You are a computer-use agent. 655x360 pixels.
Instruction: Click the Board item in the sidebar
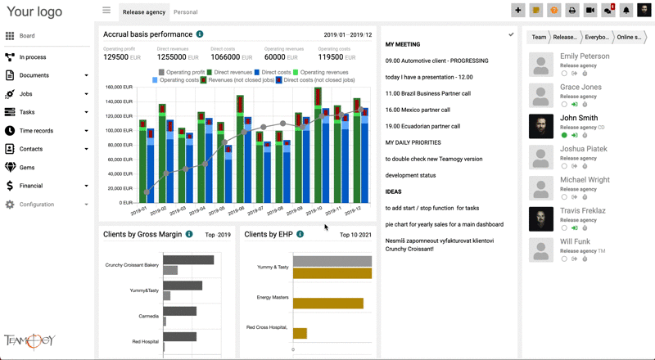(27, 36)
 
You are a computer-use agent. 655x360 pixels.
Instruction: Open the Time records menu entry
(36, 131)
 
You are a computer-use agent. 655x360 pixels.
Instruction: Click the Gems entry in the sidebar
(27, 167)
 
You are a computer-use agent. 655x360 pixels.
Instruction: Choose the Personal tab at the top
(186, 12)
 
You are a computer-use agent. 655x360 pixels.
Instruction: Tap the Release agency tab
(144, 12)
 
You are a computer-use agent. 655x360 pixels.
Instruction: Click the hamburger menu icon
(106, 11)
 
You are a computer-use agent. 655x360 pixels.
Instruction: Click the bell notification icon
(626, 11)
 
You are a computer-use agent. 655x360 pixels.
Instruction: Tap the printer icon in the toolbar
(572, 11)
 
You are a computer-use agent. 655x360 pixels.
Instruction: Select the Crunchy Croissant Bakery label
(132, 265)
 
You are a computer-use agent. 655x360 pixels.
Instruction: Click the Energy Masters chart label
(272, 297)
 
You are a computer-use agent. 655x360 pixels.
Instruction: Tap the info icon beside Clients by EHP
(300, 234)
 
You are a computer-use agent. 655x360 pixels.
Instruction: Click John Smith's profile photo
(541, 125)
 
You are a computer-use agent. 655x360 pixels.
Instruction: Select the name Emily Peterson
(585, 56)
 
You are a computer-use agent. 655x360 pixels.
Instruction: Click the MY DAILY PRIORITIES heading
(419, 142)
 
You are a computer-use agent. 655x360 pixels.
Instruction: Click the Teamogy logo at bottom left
(29, 340)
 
